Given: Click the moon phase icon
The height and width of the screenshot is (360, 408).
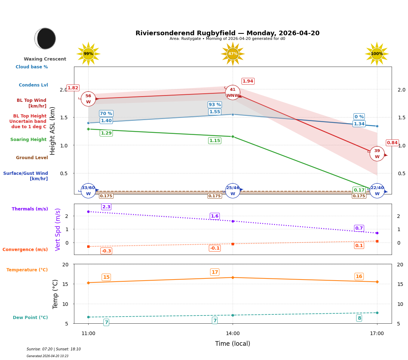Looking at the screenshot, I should coord(45,38).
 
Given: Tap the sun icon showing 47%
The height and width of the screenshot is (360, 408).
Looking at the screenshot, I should coord(233,54).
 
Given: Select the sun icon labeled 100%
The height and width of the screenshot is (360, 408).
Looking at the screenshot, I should coord(377,54).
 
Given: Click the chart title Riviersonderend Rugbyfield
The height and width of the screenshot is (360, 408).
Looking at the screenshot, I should coord(227,33).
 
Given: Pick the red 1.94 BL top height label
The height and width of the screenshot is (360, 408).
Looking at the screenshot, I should coord(248,81).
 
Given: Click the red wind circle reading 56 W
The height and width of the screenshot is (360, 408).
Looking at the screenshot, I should coord(88,99).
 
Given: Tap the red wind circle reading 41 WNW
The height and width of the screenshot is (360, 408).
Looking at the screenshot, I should coord(233,93).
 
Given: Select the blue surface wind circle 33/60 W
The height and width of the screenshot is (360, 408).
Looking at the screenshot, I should coord(88,191).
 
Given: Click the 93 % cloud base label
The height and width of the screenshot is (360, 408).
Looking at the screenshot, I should coord(214,105).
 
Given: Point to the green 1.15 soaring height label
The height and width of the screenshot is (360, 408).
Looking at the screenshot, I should coord(214,141).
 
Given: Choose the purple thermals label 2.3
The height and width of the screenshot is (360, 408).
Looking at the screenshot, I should coord(106,207).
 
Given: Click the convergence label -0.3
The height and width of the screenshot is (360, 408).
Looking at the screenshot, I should coord(106,251).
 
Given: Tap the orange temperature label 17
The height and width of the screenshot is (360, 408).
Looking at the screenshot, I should coord(215,272).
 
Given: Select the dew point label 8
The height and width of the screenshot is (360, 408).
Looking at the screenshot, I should coord(359,318).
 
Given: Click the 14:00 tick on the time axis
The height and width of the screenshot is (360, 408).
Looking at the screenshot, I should coord(233,334).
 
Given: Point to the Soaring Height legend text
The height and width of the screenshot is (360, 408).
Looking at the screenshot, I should coord(28,140).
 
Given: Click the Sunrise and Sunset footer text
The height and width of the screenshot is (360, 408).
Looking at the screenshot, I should coord(54,349).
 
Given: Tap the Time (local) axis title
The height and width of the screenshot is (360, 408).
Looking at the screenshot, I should coord(233,344).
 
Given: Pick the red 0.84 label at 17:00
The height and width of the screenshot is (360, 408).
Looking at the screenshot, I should coord(392,143).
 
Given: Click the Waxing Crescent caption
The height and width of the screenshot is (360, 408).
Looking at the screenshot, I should coord(45,59).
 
